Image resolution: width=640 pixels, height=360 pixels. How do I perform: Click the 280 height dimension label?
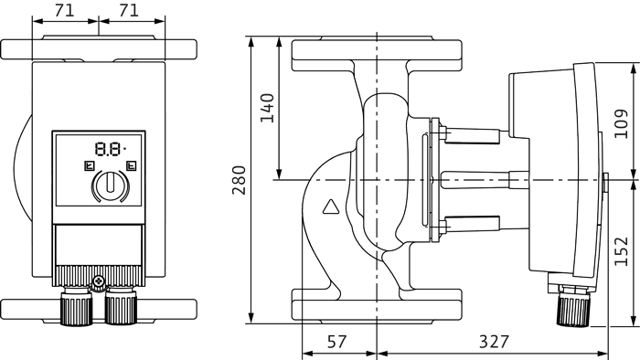(x=240, y=180)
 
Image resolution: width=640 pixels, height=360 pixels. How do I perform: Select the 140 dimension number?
(x=267, y=108)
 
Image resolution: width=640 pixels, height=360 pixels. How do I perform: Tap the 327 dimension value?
(x=495, y=342)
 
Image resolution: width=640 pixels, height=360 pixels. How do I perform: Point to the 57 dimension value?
(x=336, y=342)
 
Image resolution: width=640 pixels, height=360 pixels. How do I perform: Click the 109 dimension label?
(x=621, y=123)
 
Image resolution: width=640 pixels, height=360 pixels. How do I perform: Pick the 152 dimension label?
(x=621, y=250)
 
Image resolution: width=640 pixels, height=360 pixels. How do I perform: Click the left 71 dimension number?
(x=65, y=11)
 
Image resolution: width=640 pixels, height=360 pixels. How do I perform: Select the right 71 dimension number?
(x=129, y=11)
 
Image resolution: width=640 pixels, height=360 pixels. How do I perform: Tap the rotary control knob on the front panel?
(x=111, y=185)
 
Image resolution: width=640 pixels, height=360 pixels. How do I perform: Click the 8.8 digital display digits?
(x=109, y=149)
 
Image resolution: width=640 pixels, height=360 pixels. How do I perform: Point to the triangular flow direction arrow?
(x=331, y=207)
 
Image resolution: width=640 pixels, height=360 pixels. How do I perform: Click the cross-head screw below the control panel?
(x=99, y=281)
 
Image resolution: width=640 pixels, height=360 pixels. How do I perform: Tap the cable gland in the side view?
(x=573, y=305)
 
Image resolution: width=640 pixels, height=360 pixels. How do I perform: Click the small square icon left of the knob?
(x=89, y=166)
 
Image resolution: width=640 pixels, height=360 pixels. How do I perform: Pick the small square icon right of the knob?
(x=132, y=166)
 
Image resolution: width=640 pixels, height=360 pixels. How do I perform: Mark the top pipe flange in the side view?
(x=377, y=54)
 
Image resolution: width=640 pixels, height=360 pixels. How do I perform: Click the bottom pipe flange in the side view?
(x=377, y=306)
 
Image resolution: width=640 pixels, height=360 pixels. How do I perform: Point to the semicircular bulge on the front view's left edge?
(x=23, y=166)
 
